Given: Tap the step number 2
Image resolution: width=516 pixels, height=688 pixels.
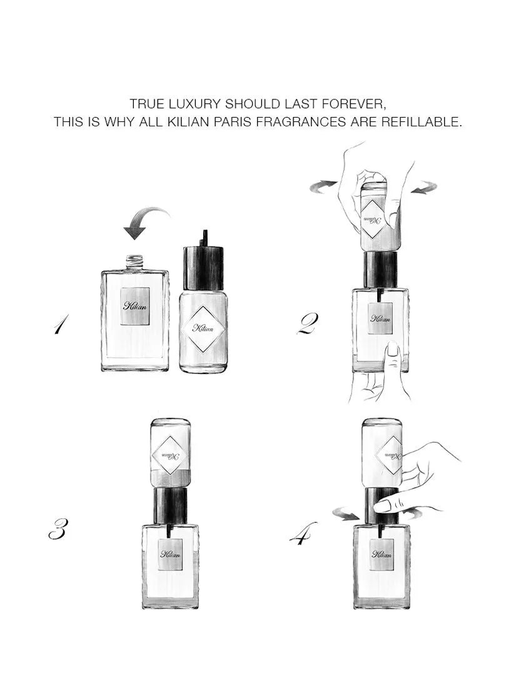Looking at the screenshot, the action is [308, 324].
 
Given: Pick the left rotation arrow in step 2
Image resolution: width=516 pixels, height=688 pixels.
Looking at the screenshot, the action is [325, 186].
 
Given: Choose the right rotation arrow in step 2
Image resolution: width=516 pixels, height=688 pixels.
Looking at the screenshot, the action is [424, 187].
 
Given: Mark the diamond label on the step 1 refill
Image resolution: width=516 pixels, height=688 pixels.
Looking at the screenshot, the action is [203, 328].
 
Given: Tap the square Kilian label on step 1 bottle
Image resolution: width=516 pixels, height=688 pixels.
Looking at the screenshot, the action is [135, 306].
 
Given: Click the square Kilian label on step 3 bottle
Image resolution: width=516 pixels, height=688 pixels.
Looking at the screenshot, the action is [170, 554].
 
